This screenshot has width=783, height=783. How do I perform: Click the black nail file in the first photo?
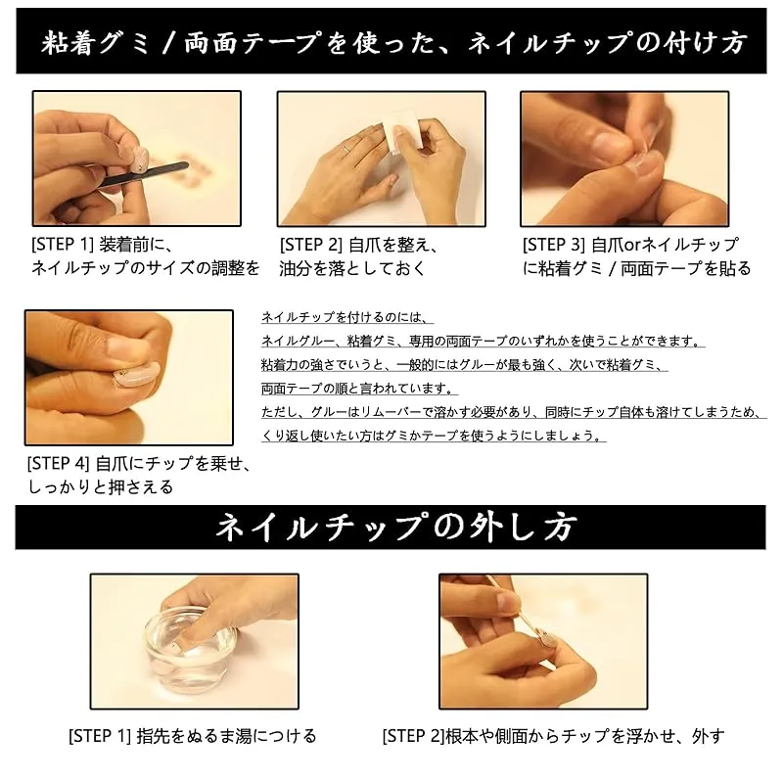click(145, 175)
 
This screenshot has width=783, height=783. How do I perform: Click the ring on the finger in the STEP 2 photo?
click(347, 148)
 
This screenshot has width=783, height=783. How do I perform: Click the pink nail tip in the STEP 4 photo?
click(136, 374)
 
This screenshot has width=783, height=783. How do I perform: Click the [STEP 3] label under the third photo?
click(553, 245)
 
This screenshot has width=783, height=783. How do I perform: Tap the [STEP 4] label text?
click(58, 463)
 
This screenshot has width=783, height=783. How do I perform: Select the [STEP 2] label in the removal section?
click(413, 736)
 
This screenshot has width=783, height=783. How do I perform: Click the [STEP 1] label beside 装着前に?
click(63, 245)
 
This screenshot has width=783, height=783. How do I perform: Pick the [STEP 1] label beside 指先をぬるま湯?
click(100, 736)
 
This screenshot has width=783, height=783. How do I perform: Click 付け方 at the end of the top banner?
click(705, 42)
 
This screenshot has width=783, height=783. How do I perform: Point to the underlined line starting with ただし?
click(513, 412)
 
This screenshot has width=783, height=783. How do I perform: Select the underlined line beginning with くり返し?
click(434, 436)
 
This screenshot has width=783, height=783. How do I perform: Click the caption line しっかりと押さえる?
click(101, 486)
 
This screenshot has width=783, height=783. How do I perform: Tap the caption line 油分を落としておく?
click(352, 268)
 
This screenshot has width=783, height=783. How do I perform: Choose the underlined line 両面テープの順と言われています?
click(359, 388)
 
